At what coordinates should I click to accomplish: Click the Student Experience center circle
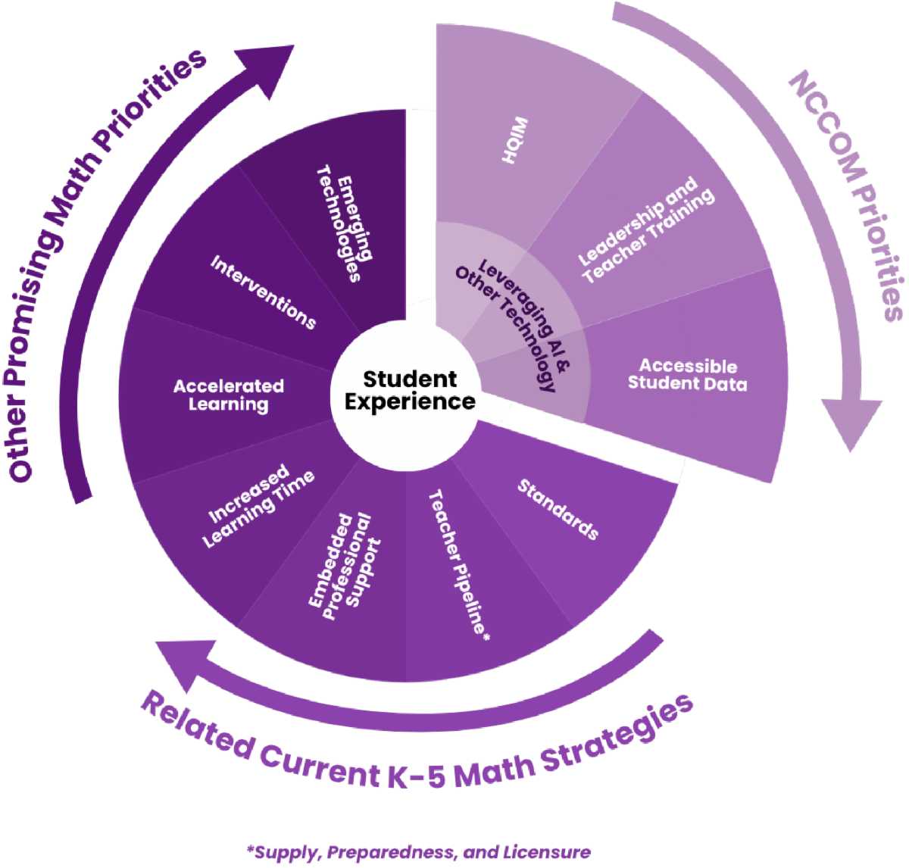pyautogui.click(x=410, y=390)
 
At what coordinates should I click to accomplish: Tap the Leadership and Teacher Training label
pyautogui.click(x=646, y=230)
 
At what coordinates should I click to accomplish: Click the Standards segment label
pyautogui.click(x=558, y=509)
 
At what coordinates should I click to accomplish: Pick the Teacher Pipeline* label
pyautogui.click(x=459, y=565)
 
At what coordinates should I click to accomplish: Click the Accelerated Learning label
pyautogui.click(x=228, y=395)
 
